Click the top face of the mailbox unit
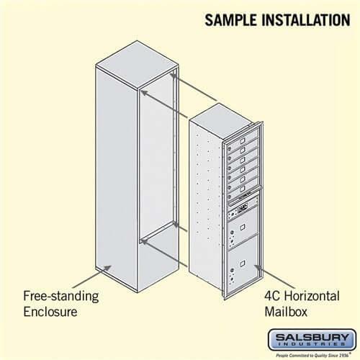pyautogui.click(x=223, y=116)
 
